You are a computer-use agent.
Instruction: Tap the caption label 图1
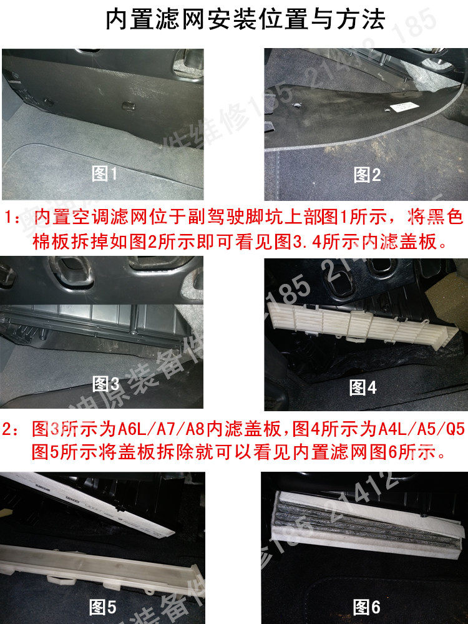(104, 174)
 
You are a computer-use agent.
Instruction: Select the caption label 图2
(367, 175)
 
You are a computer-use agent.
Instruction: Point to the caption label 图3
(105, 383)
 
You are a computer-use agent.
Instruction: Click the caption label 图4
(363, 387)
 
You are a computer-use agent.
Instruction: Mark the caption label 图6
(367, 606)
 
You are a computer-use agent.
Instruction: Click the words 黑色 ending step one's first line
(446, 218)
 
